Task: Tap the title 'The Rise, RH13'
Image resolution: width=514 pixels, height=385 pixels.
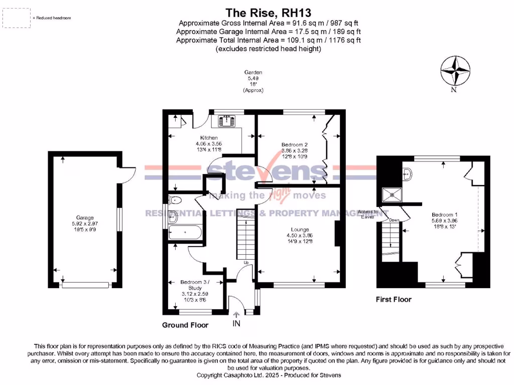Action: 257,12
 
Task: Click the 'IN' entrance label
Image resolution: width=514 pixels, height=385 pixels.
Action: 236,323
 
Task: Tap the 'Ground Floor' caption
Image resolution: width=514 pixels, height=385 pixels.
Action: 185,325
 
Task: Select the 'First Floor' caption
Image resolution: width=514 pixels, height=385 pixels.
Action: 394,299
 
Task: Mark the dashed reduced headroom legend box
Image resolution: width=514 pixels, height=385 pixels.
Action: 16,18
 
